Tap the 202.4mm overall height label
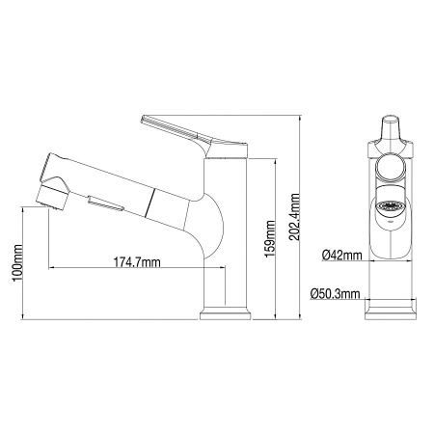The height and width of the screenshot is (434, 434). [294, 222]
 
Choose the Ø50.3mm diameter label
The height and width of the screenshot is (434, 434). [337, 293]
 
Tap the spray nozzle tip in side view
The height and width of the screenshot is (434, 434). [44, 201]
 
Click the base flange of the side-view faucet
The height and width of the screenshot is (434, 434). [225, 314]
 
